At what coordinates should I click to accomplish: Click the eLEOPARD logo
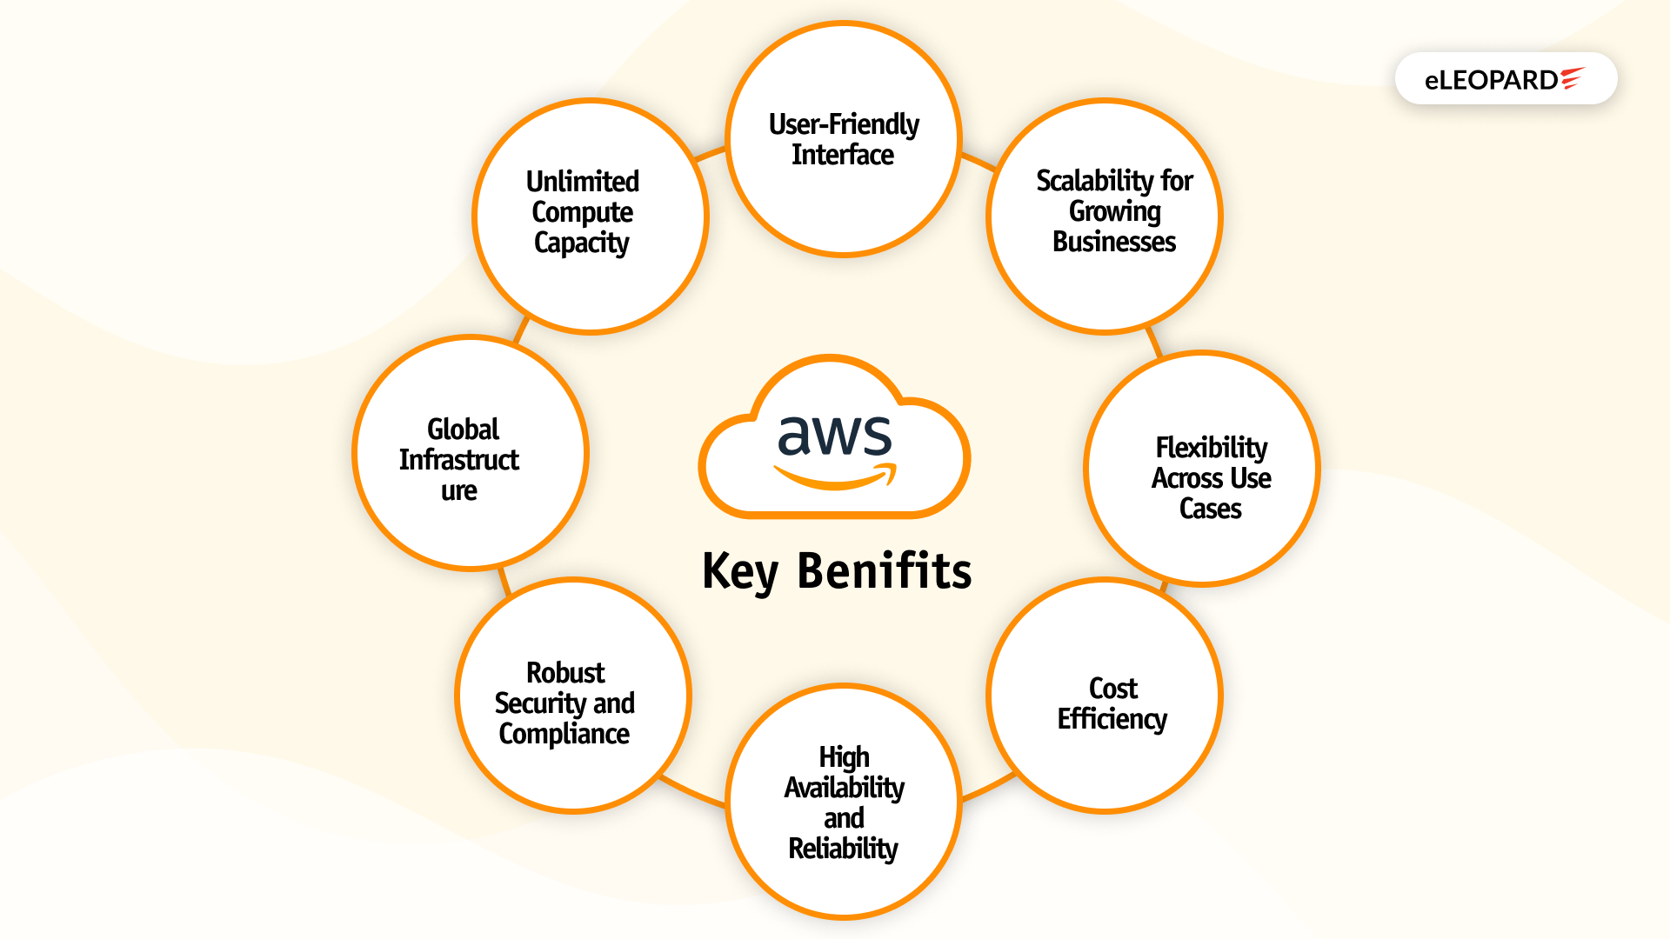click(x=1505, y=79)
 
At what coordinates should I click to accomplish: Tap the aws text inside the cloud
click(x=834, y=436)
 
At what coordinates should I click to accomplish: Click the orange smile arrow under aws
click(x=835, y=476)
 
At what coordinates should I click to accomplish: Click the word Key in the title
click(x=739, y=571)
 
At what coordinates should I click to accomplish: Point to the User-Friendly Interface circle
click(x=843, y=139)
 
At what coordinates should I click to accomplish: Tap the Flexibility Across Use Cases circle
click(x=1202, y=469)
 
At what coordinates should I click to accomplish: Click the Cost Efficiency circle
click(x=1105, y=696)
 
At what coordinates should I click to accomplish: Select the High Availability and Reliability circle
click(x=843, y=802)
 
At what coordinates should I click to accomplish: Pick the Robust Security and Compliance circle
click(x=573, y=696)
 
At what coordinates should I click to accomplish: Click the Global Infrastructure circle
click(x=471, y=453)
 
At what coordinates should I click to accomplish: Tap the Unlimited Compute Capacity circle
click(x=591, y=216)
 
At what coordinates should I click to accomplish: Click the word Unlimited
click(x=583, y=182)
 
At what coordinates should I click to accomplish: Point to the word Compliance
click(x=564, y=734)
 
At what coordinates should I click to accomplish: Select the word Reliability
click(x=843, y=849)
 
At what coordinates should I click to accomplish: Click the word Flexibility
click(x=1211, y=448)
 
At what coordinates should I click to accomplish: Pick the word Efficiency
click(x=1112, y=720)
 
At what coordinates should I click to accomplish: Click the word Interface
click(x=843, y=155)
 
